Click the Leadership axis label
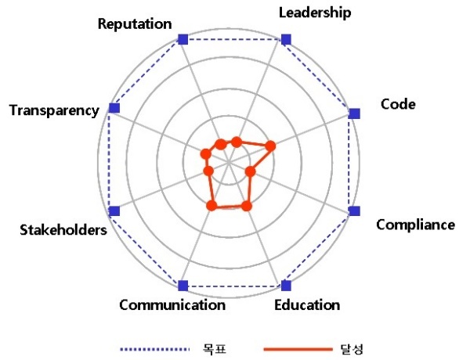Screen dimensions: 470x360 [315, 13]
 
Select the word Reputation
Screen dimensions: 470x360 [135, 24]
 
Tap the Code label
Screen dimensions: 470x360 [398, 104]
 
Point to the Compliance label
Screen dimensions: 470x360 [415, 225]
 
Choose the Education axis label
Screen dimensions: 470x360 [307, 305]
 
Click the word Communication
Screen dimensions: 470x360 [172, 305]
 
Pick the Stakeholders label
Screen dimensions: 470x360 [63, 230]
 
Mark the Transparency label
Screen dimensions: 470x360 [54, 110]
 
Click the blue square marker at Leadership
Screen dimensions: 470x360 [286, 39]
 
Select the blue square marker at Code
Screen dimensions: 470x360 [355, 113]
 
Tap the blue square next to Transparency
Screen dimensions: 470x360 [114, 108]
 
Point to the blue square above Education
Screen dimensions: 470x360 [286, 286]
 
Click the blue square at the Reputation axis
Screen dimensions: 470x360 [183, 39]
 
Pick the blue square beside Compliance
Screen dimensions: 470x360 [355, 211]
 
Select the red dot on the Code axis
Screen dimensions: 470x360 [270, 146]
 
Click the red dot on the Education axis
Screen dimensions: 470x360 [247, 206]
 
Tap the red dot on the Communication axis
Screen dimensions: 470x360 [211, 206]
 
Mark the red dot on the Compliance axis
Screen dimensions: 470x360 [251, 171]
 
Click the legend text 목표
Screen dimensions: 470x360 [214, 349]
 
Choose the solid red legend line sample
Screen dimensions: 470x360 [298, 349]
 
